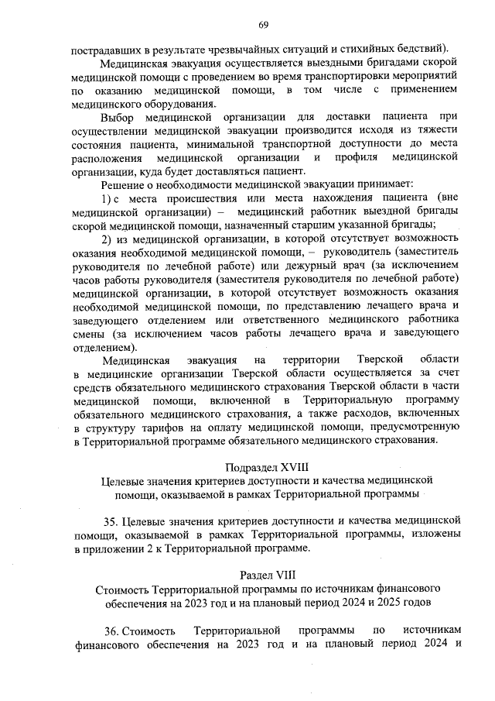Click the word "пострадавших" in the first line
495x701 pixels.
(x=108, y=49)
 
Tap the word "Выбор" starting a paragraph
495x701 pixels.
(x=118, y=117)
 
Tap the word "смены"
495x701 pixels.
(x=87, y=335)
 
